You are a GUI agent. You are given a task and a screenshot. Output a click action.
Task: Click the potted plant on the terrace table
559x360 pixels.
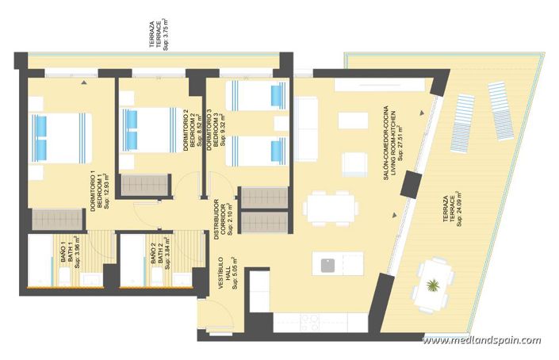[x=433, y=284]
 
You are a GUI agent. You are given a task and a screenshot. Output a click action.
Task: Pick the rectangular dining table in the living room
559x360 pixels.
[x=331, y=208]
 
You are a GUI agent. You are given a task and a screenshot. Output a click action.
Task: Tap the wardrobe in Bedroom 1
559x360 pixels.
[x=56, y=219]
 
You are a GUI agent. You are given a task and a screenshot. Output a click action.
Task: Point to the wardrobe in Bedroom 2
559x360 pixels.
[x=144, y=186]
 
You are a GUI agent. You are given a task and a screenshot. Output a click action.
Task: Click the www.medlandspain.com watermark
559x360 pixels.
[x=481, y=341]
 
